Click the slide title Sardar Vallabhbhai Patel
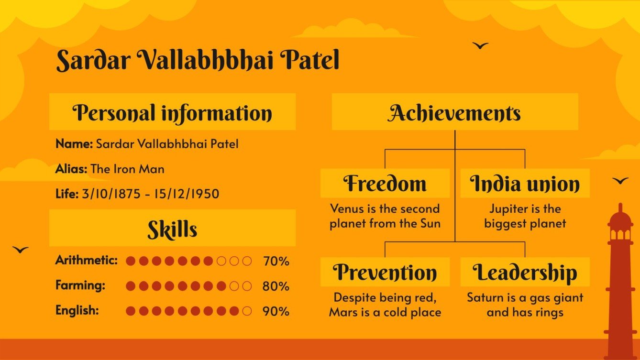[x=198, y=61]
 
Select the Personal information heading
[x=172, y=113]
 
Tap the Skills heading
[x=172, y=229]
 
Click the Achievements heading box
[x=454, y=113]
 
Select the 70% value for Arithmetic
[x=276, y=261]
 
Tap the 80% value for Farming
[x=276, y=286]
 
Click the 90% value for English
[x=276, y=311]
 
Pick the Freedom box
[x=385, y=183]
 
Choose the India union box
[x=525, y=184]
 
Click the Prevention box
[x=385, y=272]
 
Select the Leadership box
[x=525, y=272]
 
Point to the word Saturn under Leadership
[x=483, y=298]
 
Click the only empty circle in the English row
[x=247, y=311]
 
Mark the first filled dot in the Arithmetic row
[x=131, y=261]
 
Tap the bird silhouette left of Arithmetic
[x=21, y=250]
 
